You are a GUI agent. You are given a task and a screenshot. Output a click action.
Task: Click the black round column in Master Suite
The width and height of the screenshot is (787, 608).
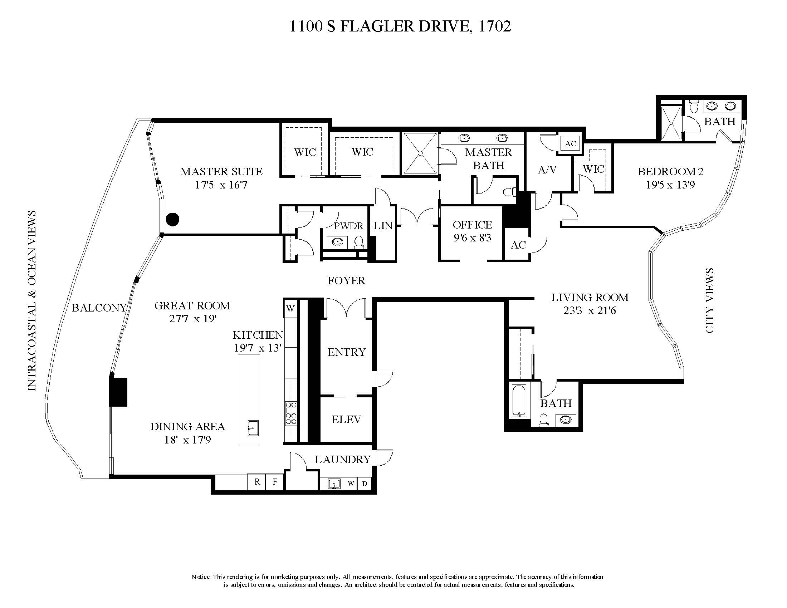[173, 219]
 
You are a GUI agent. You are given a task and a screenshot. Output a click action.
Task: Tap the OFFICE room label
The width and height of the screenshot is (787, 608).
[472, 225]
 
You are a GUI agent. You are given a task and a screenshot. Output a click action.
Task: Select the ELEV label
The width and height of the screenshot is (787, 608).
[346, 419]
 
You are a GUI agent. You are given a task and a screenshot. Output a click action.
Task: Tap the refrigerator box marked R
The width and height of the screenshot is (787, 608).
[257, 482]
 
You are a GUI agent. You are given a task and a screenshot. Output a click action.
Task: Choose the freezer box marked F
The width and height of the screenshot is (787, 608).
[275, 482]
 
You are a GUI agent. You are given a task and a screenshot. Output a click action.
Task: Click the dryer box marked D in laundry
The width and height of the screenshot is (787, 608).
[365, 484]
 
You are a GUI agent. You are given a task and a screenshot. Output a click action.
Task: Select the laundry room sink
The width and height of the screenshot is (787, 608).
[335, 484]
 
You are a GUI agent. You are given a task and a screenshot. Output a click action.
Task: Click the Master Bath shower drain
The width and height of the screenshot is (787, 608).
[420, 153]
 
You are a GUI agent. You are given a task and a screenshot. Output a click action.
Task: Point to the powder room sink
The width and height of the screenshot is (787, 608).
[337, 241]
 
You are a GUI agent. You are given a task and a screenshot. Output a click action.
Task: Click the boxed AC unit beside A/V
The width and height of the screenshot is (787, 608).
[570, 144]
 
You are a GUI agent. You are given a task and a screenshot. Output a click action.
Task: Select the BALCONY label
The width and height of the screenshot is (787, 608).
[99, 308]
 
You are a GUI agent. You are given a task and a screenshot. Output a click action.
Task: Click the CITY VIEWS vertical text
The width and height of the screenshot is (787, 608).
[709, 300]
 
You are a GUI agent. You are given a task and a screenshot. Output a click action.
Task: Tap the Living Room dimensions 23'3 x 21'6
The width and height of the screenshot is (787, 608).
[590, 310]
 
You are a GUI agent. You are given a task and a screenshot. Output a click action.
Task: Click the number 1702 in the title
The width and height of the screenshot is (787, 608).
[494, 26]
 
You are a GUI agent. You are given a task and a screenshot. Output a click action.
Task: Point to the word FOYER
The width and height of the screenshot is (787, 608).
[346, 281]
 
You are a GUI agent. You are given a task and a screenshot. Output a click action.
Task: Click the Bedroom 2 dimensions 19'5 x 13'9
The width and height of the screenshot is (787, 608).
[670, 185]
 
